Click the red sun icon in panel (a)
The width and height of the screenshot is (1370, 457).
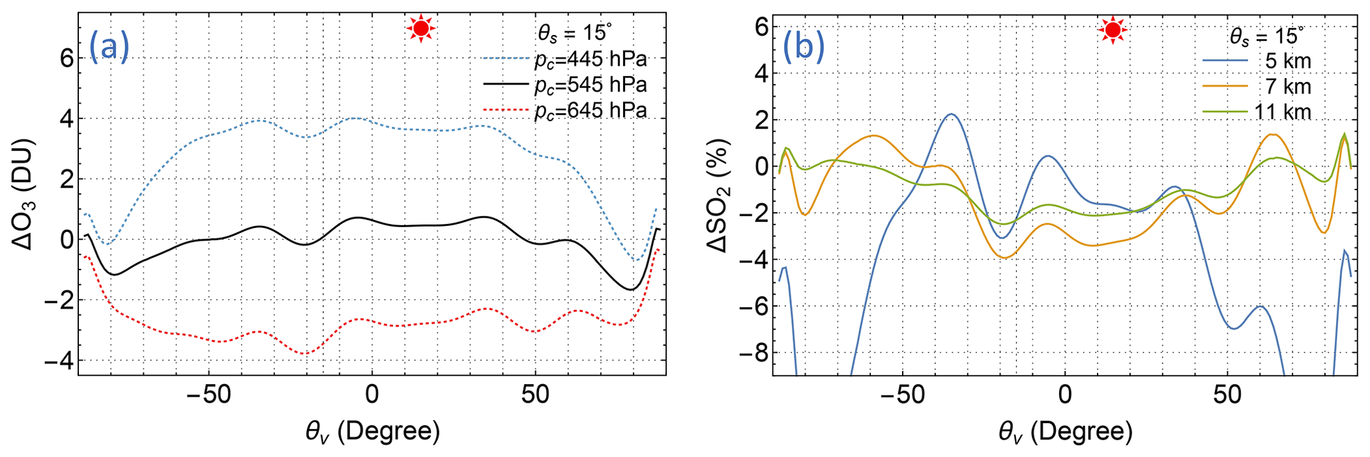pyautogui.click(x=420, y=28)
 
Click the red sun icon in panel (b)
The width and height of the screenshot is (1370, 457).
pyautogui.click(x=1113, y=30)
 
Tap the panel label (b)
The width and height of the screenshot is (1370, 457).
pyautogui.click(x=803, y=47)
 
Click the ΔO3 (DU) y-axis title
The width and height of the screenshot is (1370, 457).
pyautogui.click(x=25, y=193)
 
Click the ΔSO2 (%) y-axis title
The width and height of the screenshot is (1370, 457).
pyautogui.click(x=718, y=195)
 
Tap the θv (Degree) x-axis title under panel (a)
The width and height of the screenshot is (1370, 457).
pyautogui.click(x=372, y=432)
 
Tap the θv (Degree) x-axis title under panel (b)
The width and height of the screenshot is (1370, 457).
pyautogui.click(x=1065, y=432)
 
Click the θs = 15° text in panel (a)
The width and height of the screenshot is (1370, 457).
pyautogui.click(x=574, y=32)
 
